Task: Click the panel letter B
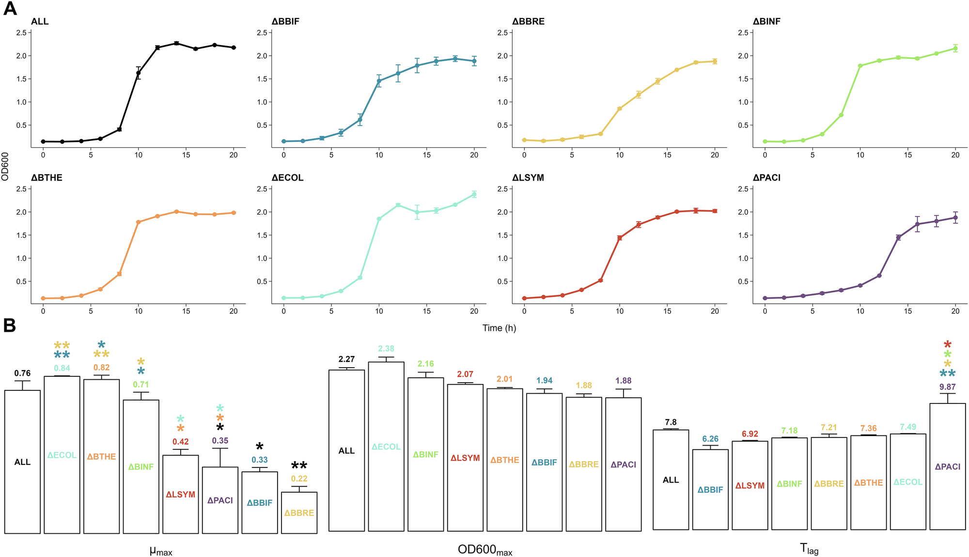point(10,325)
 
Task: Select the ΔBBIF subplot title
point(285,21)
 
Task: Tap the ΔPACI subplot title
point(766,178)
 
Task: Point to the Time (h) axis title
point(499,328)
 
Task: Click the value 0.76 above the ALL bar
point(22,373)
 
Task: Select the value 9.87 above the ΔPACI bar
point(947,387)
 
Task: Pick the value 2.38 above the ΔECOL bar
point(386,349)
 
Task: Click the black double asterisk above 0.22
point(299,466)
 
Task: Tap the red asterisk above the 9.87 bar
point(948,345)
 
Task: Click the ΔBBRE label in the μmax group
point(299,513)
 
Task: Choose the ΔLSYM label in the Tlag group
point(750,485)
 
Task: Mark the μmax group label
point(161,551)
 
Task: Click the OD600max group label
point(484,550)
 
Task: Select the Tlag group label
point(809,549)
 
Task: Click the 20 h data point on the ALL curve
point(234,47)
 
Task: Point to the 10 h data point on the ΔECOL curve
point(379,219)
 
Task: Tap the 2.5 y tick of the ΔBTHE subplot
point(20,189)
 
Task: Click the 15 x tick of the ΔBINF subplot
point(908,155)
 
